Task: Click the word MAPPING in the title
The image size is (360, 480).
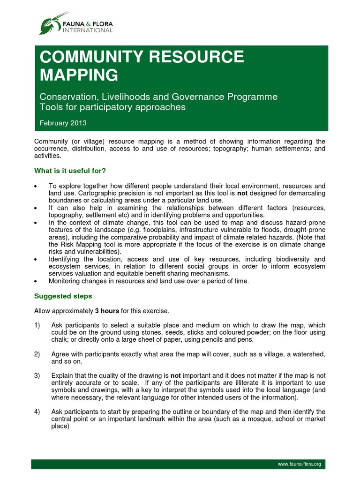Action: [79, 75]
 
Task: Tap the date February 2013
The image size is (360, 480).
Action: [63, 123]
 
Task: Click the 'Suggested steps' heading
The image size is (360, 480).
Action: [63, 296]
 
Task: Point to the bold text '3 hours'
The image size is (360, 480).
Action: [107, 311]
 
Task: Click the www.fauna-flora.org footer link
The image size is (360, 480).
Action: [299, 464]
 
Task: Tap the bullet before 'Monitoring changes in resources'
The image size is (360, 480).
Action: [36, 281]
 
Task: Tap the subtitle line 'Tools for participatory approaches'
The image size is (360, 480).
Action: [112, 107]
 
